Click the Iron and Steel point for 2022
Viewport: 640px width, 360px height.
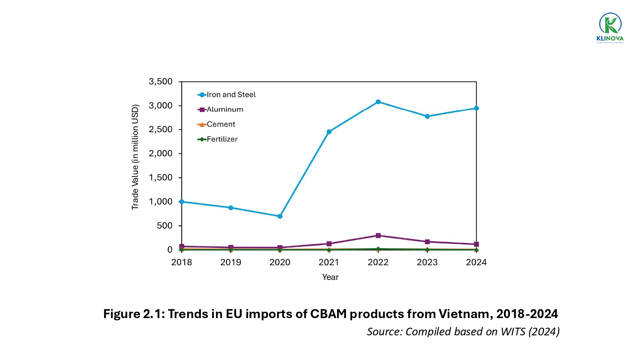click(378, 102)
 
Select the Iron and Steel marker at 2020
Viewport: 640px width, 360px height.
click(280, 216)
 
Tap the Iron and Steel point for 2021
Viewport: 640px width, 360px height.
click(329, 132)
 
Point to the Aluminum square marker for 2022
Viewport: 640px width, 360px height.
click(378, 236)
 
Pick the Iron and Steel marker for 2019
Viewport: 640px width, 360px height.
click(231, 208)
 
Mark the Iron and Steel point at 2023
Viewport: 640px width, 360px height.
click(427, 116)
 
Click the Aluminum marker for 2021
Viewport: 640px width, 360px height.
click(329, 244)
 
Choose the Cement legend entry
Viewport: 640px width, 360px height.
click(221, 124)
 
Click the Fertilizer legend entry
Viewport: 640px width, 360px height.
click(222, 139)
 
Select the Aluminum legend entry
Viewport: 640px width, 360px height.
click(225, 109)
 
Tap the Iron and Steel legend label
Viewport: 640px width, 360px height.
click(231, 95)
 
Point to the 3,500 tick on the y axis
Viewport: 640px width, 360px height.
click(161, 82)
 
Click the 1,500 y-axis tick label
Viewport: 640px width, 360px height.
click(161, 178)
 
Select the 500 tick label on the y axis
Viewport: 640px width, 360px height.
click(164, 226)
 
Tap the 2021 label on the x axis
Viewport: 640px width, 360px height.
click(329, 262)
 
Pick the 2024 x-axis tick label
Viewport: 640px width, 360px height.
click(476, 262)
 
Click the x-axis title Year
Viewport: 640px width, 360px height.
click(330, 277)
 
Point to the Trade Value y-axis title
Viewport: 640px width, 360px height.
click(135, 157)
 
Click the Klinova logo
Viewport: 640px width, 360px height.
click(610, 28)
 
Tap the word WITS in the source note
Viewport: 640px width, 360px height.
click(513, 332)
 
